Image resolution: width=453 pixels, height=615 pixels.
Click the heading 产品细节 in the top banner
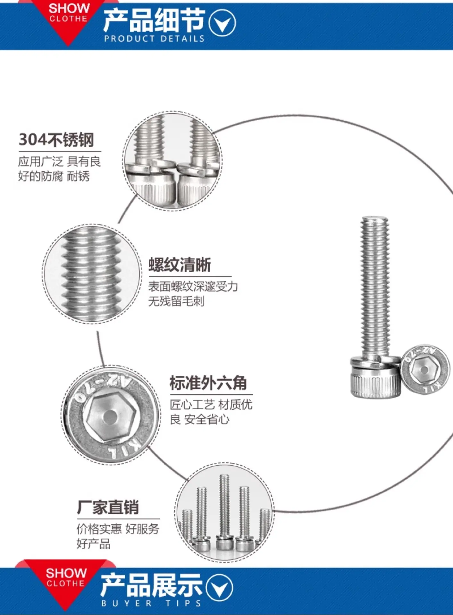click(x=154, y=20)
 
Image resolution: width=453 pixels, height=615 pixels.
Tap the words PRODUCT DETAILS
click(x=154, y=39)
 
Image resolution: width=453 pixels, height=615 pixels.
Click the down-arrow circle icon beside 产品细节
click(x=222, y=23)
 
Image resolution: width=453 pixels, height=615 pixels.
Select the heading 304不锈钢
click(x=56, y=140)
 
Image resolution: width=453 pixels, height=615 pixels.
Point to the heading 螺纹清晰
click(x=180, y=265)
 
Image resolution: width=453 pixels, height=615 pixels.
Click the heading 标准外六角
click(x=208, y=383)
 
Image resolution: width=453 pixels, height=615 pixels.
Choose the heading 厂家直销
click(x=108, y=507)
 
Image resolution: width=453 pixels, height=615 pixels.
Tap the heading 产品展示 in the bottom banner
click(x=151, y=586)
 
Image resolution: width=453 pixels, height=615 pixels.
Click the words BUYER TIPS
click(x=151, y=603)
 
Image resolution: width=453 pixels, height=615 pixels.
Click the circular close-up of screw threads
click(x=91, y=274)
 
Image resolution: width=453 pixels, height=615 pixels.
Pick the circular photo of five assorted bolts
click(x=224, y=512)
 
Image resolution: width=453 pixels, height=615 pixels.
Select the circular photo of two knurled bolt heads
click(x=173, y=160)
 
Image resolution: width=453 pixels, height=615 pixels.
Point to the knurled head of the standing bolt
click(x=375, y=381)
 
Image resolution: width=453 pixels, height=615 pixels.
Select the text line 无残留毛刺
click(x=176, y=301)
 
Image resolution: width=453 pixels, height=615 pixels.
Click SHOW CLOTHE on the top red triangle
click(x=68, y=13)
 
